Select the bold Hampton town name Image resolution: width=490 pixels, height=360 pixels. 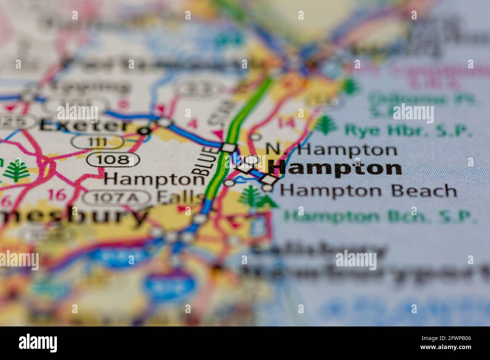(x=335, y=168)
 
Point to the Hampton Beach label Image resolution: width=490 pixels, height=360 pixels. (x=368, y=191)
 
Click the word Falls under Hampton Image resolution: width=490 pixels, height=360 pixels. (x=181, y=197)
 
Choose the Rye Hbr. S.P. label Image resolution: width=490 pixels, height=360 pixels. (x=408, y=131)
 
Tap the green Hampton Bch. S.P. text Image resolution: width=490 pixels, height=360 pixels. (x=378, y=217)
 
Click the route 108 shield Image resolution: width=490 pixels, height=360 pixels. (x=113, y=159)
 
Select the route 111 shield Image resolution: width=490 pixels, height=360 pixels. (x=98, y=142)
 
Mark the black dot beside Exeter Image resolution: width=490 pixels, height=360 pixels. (x=144, y=131)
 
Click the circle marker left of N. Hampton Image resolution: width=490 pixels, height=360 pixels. (x=256, y=137)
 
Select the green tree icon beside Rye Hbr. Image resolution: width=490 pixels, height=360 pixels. (x=325, y=126)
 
